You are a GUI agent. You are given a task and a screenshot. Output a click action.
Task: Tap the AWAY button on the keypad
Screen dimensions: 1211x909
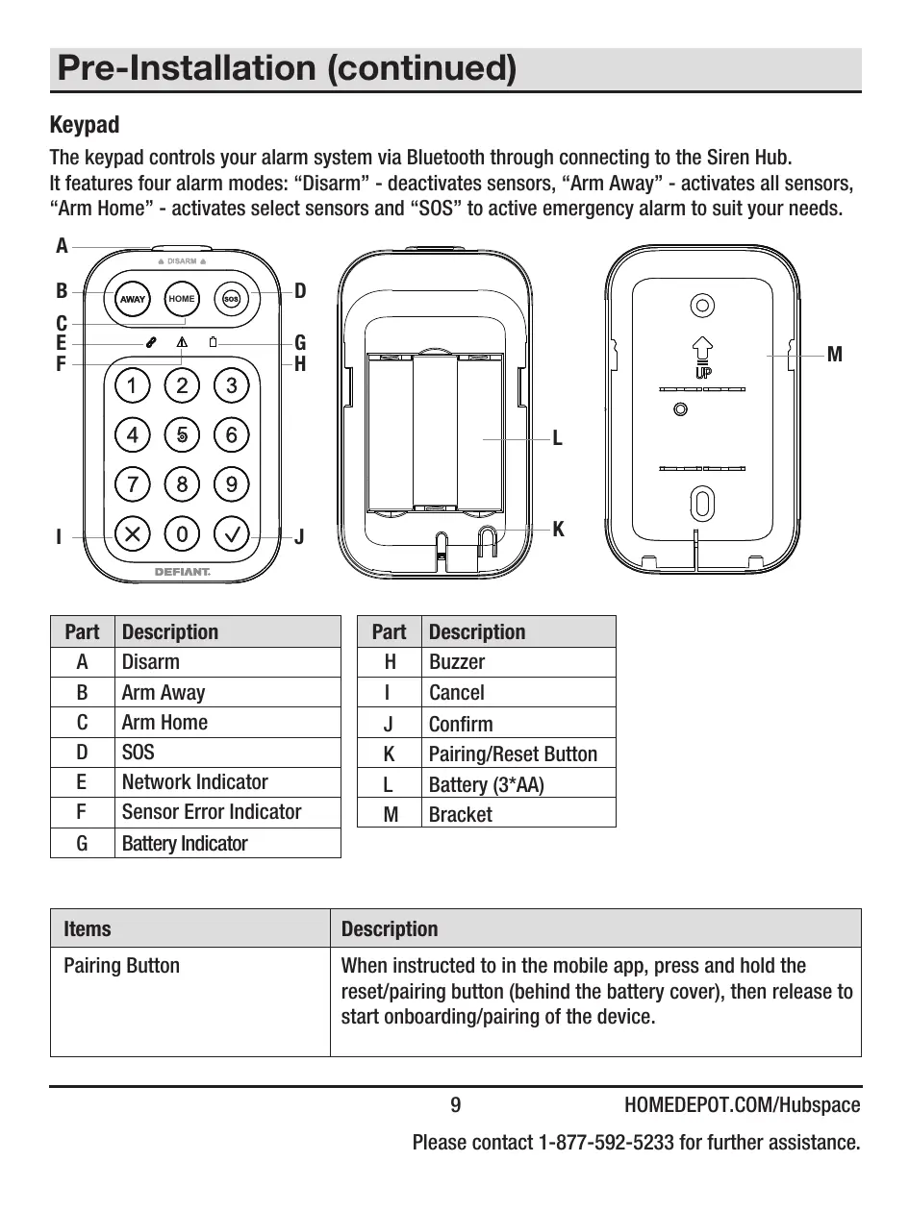point(133,299)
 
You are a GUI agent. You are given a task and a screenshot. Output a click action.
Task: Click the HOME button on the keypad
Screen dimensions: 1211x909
point(182,299)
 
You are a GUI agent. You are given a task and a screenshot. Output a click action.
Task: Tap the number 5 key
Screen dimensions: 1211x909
point(182,434)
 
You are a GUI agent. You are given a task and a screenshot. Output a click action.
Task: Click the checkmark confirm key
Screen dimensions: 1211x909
point(231,531)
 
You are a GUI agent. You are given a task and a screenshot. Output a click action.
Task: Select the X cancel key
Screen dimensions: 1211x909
point(132,531)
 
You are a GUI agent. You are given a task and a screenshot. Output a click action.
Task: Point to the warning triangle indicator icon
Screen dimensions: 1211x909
point(182,342)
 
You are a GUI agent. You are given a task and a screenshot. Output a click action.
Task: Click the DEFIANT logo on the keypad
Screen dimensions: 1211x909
point(182,572)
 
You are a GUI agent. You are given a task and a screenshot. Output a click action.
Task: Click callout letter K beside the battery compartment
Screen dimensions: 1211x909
point(558,530)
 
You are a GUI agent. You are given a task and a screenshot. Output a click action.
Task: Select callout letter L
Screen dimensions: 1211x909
point(558,439)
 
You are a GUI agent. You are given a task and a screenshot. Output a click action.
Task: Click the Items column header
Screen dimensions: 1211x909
point(88,929)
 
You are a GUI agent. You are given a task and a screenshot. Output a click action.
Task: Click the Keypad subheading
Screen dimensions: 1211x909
point(85,125)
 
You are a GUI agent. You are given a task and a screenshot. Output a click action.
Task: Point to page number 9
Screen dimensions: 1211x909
point(456,1105)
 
